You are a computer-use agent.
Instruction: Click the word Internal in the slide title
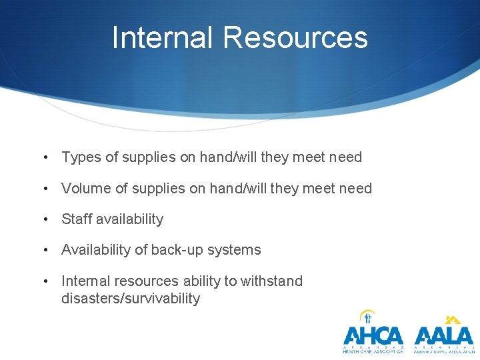163,37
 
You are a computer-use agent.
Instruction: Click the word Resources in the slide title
295,37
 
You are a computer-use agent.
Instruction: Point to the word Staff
75,219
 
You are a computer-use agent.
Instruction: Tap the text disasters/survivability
131,298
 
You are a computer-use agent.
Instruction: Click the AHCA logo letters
373,335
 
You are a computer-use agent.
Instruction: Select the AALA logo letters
443,335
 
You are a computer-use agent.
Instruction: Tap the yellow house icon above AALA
453,319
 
